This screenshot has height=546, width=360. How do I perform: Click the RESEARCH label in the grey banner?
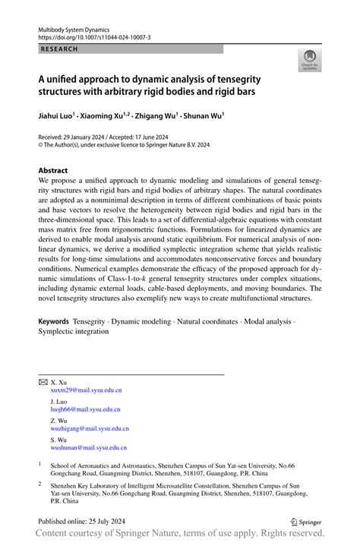[58, 49]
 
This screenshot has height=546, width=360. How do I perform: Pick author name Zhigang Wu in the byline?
[158, 117]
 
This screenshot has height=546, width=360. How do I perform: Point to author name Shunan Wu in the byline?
[203, 117]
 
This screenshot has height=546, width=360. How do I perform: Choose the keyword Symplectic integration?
[74, 331]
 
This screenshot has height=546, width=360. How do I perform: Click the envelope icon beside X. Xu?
[43, 382]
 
